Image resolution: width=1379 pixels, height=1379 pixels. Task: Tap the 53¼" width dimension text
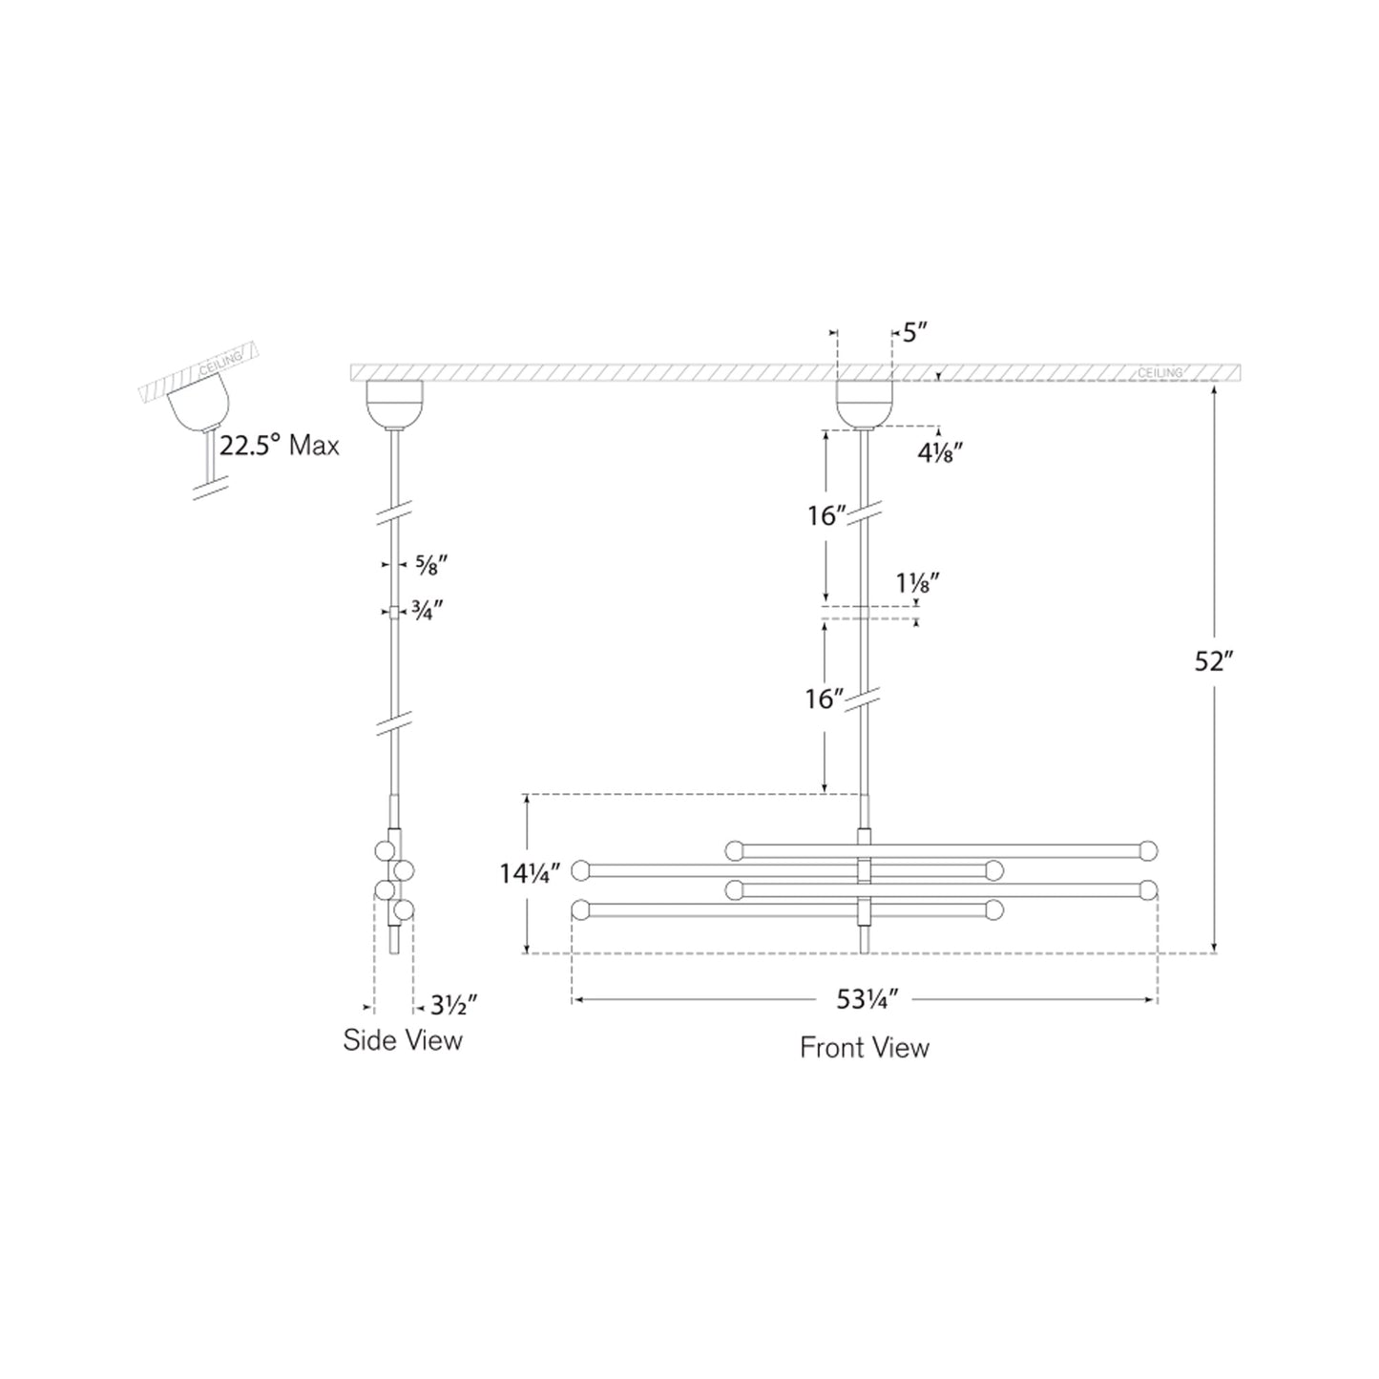[x=863, y=999]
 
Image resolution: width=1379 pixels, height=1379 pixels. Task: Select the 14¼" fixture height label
[x=531, y=873]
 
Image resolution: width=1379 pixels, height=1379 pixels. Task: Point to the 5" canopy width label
[x=915, y=333]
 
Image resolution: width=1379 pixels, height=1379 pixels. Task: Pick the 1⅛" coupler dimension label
[x=918, y=583]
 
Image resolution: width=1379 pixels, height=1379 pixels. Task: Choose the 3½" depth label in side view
[x=453, y=1006]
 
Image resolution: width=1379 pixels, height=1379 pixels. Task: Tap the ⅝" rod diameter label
[x=431, y=565]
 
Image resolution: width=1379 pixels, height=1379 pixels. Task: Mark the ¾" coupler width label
[x=427, y=611]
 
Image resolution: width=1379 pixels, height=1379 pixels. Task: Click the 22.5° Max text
[x=279, y=446]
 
